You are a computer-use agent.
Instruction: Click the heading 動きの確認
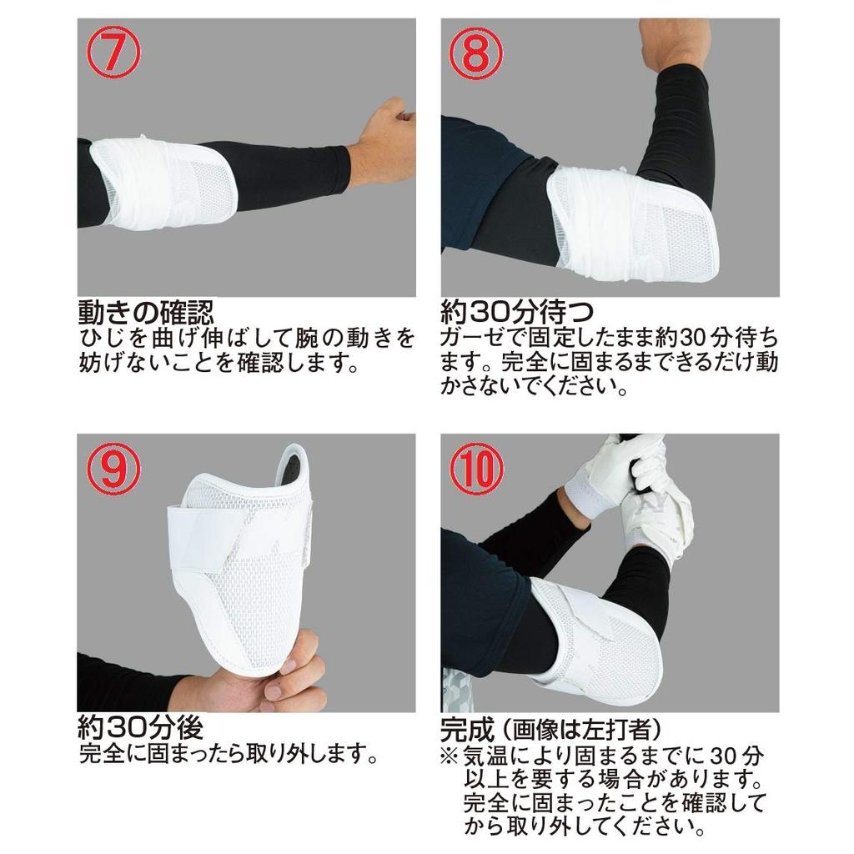coord(146,313)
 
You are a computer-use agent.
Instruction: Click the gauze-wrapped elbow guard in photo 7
coord(163,183)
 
